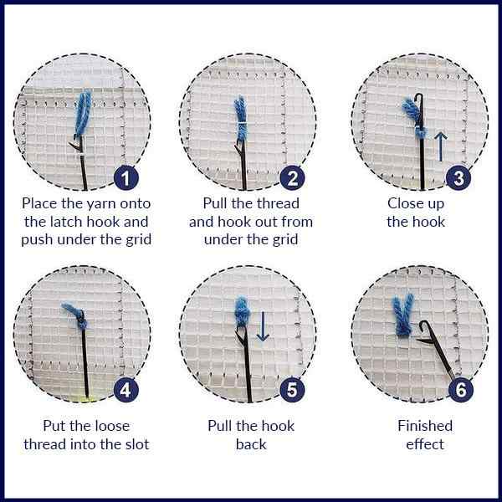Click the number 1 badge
point(126,177)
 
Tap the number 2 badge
point(292,177)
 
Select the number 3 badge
point(458,177)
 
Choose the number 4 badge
point(126,390)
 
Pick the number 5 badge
point(292,390)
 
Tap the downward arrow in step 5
point(263,325)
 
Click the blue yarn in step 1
point(82,113)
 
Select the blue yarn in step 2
point(239,114)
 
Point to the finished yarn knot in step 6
point(402,318)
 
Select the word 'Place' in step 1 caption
point(40,203)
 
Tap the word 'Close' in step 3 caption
point(404,203)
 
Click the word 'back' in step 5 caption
point(250,444)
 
